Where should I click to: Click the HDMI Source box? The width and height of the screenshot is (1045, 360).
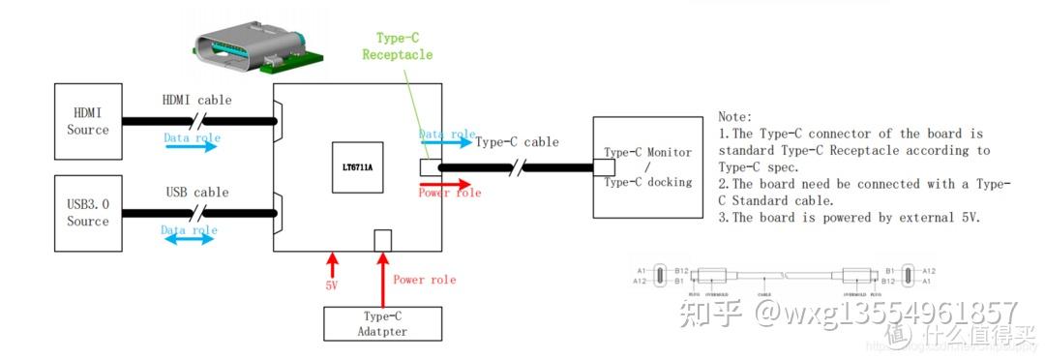tap(88, 122)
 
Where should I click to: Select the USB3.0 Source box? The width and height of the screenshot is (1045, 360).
tap(88, 213)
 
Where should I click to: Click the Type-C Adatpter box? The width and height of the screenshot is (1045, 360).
tap(382, 324)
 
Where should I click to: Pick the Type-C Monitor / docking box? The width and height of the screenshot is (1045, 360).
tap(647, 166)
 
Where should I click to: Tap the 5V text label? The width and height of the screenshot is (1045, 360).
tap(332, 286)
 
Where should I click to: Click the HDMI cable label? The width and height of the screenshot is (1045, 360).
tap(197, 100)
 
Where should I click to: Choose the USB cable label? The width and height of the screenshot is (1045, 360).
tap(197, 192)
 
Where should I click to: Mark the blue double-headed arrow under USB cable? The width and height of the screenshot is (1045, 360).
tap(189, 238)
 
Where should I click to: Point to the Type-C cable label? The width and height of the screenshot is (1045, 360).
tap(517, 142)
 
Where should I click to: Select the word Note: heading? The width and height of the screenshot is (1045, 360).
tap(735, 115)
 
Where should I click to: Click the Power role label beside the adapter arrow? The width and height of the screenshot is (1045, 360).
tap(424, 280)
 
